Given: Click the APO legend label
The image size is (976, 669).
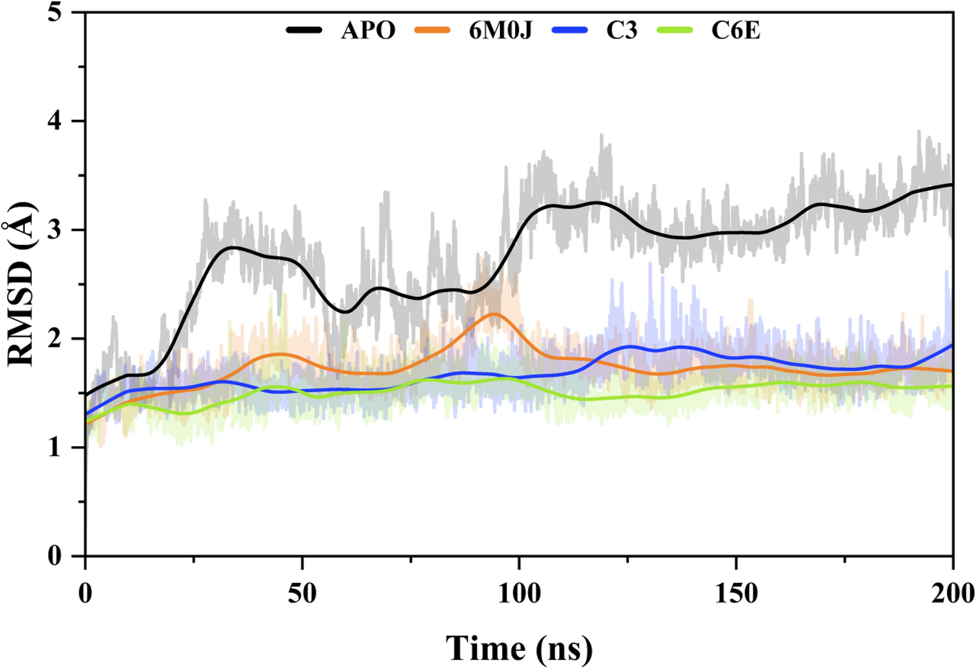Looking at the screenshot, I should click(368, 31).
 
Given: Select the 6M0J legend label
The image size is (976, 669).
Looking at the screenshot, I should click(500, 31).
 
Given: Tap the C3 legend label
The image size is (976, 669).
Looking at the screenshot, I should click(621, 31).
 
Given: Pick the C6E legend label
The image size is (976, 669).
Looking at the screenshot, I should click(735, 31).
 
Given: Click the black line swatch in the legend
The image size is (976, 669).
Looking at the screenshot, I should click(304, 30).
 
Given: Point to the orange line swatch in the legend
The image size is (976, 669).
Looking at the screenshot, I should click(432, 30).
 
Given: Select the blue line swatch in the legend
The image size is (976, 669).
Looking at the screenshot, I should click(569, 30).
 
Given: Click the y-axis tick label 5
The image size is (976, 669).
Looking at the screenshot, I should click(55, 12).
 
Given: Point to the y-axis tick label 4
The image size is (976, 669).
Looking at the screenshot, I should click(55, 121).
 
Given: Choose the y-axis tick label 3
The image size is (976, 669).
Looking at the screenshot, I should click(55, 230).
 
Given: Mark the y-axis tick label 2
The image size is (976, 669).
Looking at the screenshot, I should click(55, 339).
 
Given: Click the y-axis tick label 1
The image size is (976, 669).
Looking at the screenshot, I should click(55, 448).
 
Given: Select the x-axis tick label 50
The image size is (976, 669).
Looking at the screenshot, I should click(302, 593).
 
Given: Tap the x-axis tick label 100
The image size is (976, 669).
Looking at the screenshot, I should click(519, 593).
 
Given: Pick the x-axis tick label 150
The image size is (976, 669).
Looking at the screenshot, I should click(736, 593).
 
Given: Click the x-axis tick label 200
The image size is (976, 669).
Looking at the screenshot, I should click(952, 593).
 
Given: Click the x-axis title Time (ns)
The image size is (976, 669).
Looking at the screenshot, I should click(519, 648).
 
